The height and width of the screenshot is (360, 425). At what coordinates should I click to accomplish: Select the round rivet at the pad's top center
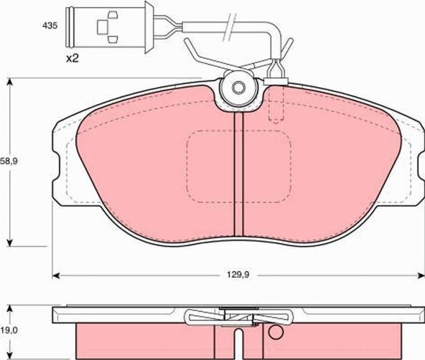(238, 88)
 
